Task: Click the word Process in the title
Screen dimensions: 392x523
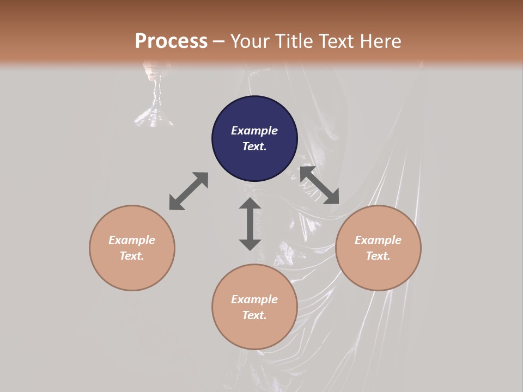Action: pos(171,41)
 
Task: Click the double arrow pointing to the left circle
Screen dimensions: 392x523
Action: pos(188,191)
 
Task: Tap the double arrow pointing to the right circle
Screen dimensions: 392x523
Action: pos(320,185)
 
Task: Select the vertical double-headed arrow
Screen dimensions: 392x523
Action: pos(250,224)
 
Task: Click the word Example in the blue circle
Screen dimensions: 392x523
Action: pos(254,131)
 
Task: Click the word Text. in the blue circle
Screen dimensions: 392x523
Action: pos(254,146)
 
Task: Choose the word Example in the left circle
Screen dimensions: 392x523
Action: pos(132,240)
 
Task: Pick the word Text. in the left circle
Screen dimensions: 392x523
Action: pos(132,256)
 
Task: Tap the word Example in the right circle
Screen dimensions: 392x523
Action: pos(378,240)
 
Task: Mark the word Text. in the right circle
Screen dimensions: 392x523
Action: pos(378,256)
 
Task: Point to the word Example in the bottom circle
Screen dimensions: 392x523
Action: pos(254,299)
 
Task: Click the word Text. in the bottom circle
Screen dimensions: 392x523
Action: pos(254,315)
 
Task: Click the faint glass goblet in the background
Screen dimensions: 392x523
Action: pos(156,98)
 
